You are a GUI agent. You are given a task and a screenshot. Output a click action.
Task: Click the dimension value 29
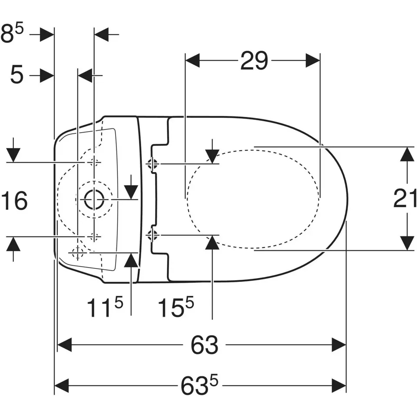[x=254, y=61]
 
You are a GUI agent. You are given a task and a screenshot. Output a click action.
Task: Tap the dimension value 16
[x=14, y=201]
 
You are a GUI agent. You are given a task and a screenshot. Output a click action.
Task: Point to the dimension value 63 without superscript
[x=204, y=345]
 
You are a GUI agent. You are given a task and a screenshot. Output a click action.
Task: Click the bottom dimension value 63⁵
[x=199, y=385]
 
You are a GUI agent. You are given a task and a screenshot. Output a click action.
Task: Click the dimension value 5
[x=17, y=75]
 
